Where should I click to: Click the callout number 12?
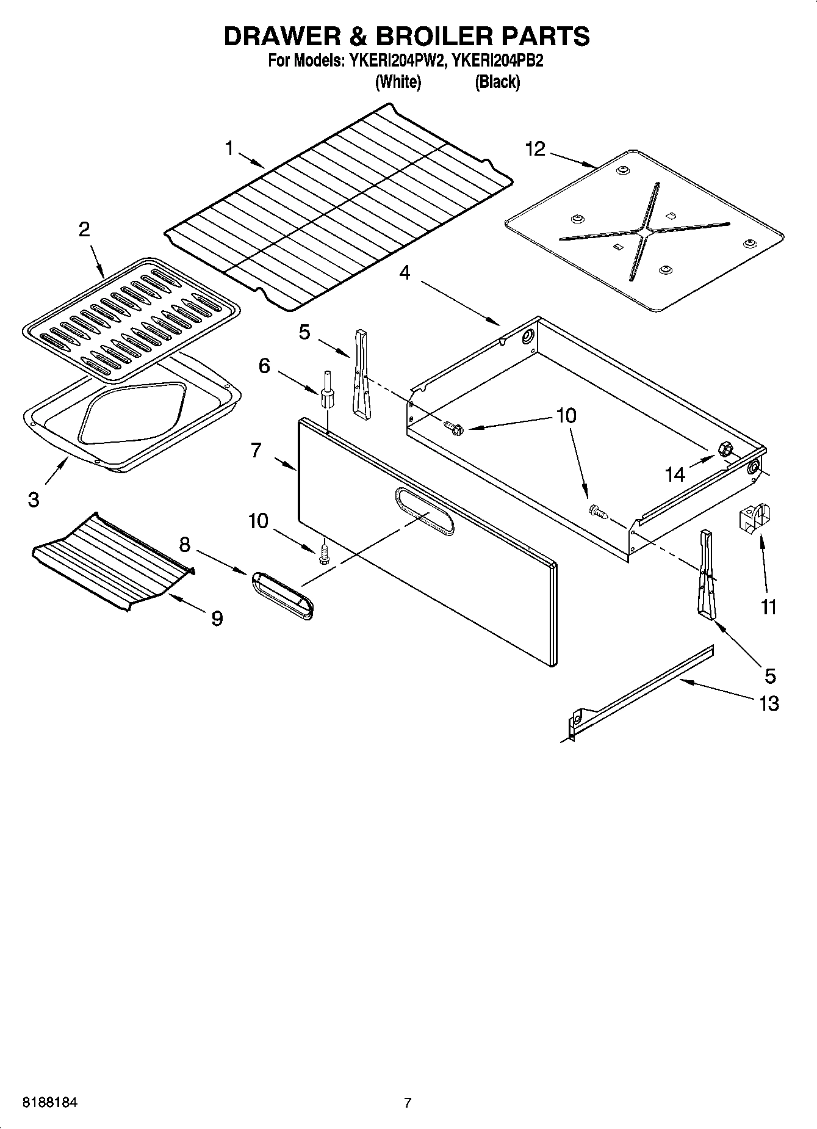coord(535,149)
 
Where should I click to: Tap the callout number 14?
coord(675,474)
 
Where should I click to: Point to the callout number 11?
coord(768,607)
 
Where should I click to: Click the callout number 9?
coord(217,619)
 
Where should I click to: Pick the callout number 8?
coord(185,543)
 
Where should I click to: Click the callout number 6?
coord(264,366)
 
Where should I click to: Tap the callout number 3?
coord(34,499)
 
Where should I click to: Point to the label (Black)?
coord(497,82)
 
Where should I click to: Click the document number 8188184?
coord(50,1103)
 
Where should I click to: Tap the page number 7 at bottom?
coord(408,1103)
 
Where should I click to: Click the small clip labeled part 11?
coord(755,517)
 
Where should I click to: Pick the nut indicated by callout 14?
coord(726,448)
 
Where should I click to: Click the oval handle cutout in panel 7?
coord(424,512)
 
